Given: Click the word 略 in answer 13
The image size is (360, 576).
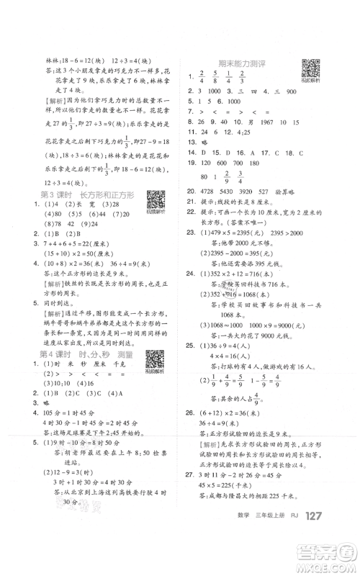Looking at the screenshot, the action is pyautogui.click(x=205, y=143).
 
